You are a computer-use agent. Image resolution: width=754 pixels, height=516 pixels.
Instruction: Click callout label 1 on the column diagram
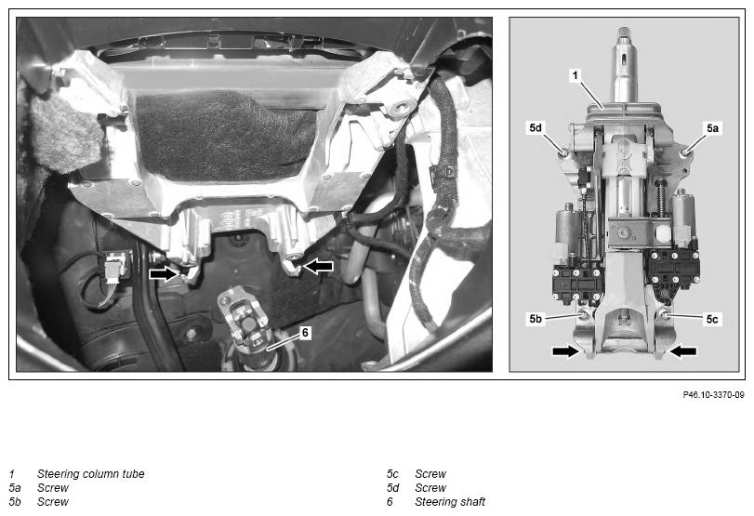coord(575,75)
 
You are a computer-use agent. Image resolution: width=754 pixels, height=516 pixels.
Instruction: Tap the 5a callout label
coord(712,128)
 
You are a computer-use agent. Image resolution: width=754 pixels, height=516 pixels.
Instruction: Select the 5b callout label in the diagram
coord(536,319)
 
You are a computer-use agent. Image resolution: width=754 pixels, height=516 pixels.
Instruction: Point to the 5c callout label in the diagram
coord(712,319)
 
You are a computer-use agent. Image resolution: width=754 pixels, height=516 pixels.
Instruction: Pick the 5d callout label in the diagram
coord(536,128)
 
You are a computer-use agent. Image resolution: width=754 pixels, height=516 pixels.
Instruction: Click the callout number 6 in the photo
coord(305,332)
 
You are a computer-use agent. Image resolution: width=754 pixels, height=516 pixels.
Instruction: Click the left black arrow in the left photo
coord(164,273)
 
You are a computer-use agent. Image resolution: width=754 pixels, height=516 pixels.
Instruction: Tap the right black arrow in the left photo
coord(318,266)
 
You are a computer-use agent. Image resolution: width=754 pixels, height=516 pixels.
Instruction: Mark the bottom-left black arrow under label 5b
coord(565,351)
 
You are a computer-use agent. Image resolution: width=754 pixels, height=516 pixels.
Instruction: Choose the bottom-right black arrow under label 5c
coord(683,351)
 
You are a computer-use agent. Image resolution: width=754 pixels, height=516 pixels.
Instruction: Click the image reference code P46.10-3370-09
coord(714,395)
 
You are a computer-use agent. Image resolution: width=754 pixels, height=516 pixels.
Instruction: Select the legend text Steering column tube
coord(91,473)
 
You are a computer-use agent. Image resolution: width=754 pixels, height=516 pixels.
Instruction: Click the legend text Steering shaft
coord(450,502)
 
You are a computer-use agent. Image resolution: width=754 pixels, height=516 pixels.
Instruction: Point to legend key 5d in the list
coord(393,488)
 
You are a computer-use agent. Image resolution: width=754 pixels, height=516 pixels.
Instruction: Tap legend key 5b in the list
coord(15,502)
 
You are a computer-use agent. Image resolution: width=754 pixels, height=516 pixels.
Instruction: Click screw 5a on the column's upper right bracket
coord(685,152)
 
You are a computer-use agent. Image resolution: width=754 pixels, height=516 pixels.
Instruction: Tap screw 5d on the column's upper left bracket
coord(563,152)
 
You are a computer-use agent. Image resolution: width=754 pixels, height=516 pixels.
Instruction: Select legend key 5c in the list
coord(393,474)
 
